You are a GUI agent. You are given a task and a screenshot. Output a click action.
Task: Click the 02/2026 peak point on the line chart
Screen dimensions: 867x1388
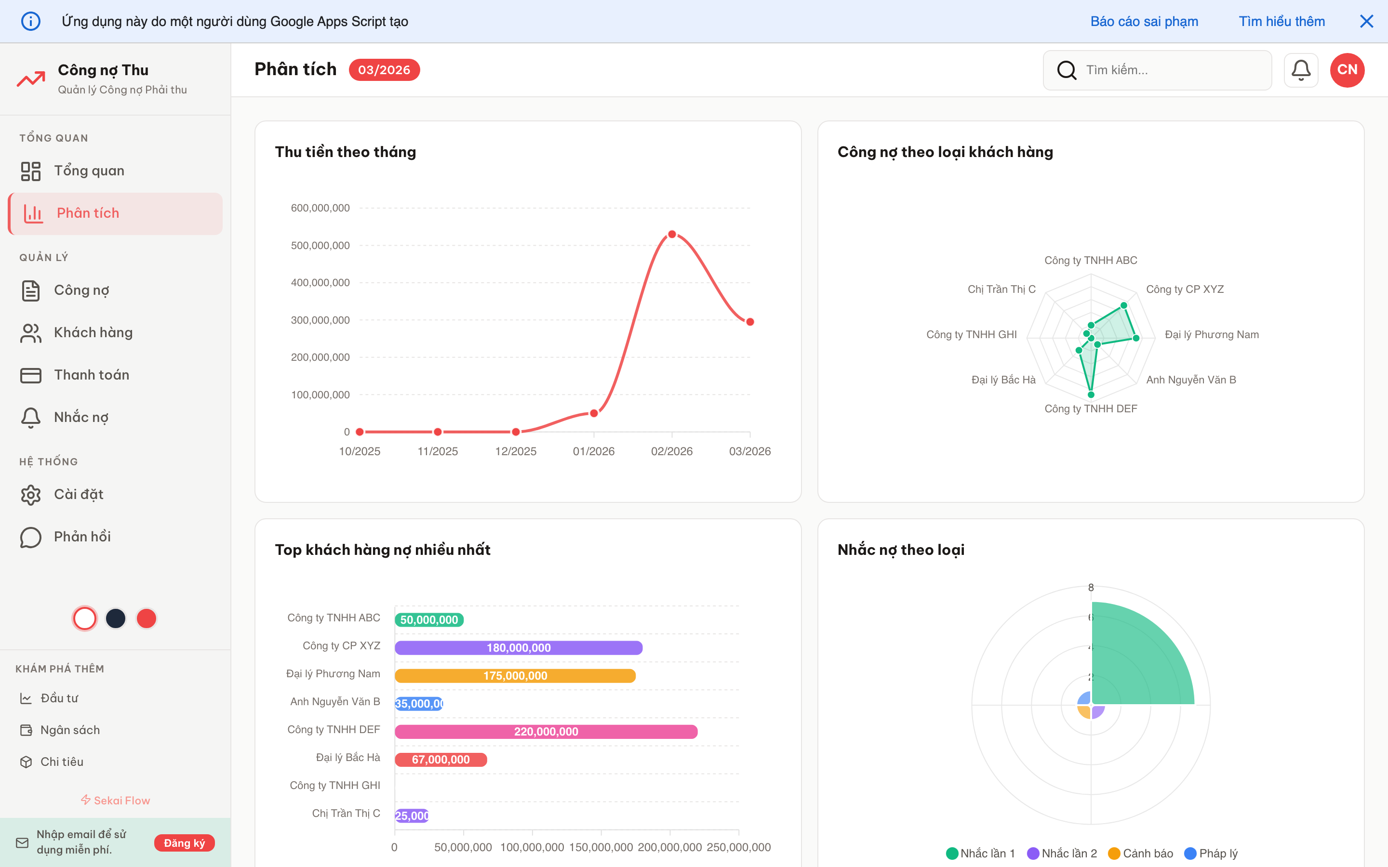672,235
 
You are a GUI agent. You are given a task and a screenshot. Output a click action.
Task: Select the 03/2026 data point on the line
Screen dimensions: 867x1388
749,322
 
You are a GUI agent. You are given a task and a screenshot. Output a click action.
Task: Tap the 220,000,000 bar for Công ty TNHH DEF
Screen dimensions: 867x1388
546,732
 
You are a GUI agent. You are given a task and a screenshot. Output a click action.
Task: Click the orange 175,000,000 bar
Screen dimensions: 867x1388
515,675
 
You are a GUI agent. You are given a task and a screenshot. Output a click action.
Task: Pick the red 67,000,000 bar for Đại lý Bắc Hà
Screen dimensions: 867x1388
440,760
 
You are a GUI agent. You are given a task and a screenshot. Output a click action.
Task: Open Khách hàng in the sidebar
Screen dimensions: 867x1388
93,332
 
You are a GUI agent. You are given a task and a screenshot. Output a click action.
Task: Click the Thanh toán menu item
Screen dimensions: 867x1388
91,375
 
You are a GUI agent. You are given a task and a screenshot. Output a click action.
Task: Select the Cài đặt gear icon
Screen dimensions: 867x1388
31,495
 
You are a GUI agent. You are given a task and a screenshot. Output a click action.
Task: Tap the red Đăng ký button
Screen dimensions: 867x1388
184,843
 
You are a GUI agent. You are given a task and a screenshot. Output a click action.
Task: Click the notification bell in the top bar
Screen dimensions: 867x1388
1301,70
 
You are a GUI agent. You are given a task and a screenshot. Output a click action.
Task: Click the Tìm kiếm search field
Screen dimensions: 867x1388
1164,70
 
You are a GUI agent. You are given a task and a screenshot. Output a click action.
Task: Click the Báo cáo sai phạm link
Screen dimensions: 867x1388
1144,21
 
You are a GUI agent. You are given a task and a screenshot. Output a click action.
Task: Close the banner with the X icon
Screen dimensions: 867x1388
1367,21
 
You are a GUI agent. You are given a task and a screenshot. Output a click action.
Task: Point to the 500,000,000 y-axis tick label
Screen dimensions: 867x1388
320,246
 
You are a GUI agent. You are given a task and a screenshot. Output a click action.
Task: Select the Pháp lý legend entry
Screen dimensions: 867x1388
1211,853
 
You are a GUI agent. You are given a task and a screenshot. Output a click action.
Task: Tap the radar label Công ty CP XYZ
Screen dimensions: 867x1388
1185,289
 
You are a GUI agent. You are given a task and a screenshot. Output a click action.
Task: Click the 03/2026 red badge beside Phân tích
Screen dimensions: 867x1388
384,70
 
